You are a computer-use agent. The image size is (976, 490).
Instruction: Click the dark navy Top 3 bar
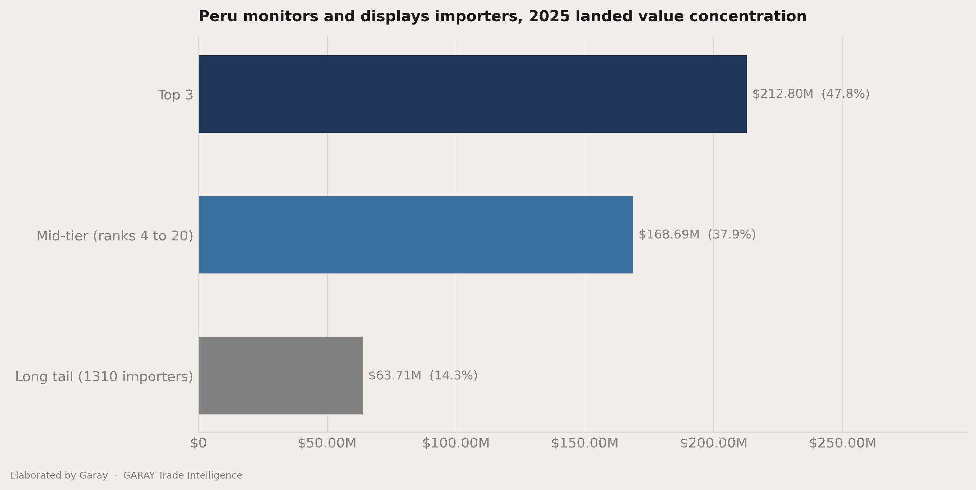click(473, 94)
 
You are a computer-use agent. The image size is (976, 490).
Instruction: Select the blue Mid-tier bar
click(416, 235)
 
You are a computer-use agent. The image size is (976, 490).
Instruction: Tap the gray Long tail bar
click(281, 376)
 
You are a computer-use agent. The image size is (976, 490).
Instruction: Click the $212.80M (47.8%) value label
click(811, 94)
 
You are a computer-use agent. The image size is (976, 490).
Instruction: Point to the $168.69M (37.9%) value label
click(697, 235)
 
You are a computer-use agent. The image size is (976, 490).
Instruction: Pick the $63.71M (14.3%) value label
click(423, 376)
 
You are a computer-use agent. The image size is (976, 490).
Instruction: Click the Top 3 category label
click(176, 95)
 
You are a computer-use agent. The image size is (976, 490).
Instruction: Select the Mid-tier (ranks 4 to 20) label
click(115, 236)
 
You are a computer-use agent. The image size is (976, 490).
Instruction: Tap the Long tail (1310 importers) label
click(104, 377)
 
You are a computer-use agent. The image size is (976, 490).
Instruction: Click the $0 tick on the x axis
click(198, 443)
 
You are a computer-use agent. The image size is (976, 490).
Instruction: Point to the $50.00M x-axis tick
click(327, 443)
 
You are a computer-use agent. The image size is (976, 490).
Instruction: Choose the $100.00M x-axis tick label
click(456, 443)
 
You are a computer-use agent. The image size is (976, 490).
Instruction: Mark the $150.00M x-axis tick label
click(585, 443)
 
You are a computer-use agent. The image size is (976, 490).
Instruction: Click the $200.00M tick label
click(713, 443)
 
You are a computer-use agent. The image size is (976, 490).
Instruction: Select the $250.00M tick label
click(843, 443)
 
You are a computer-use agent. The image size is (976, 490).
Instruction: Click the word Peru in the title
click(217, 17)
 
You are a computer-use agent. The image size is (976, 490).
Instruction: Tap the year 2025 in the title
click(549, 17)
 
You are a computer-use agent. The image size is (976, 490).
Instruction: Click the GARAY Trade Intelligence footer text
click(183, 476)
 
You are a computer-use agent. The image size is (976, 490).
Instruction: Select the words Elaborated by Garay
click(59, 476)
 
